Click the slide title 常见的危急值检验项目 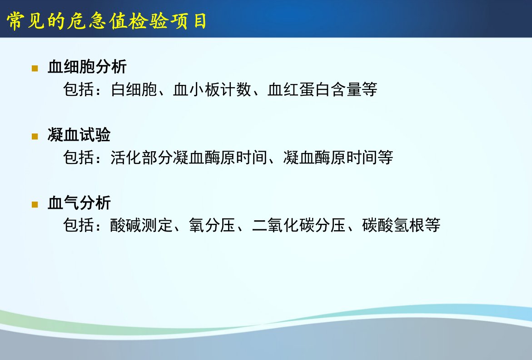click(106, 21)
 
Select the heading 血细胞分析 click(87, 66)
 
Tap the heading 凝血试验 click(79, 134)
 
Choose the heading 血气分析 click(79, 203)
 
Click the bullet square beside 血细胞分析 click(35, 69)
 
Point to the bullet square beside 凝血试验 click(35, 136)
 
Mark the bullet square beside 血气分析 click(35, 204)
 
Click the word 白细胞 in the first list click(134, 89)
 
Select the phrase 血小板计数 click(212, 89)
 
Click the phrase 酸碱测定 click(141, 225)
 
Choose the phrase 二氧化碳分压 click(298, 225)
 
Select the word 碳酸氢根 click(393, 225)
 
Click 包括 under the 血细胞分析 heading click(79, 89)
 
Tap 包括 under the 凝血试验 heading click(79, 157)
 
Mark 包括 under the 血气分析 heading click(79, 225)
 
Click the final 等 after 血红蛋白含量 click(369, 89)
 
